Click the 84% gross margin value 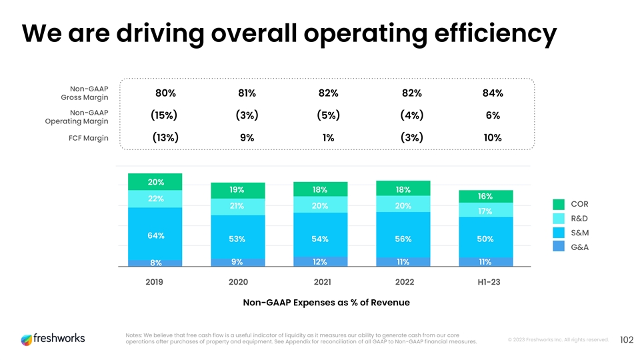click(x=493, y=93)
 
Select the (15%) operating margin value click(x=164, y=115)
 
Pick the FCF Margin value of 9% click(x=247, y=138)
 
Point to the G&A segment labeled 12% click(x=320, y=261)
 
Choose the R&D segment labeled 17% click(x=485, y=211)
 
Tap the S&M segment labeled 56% click(x=403, y=239)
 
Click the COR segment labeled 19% click(x=237, y=190)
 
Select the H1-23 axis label click(x=485, y=282)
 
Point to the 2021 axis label click(x=320, y=282)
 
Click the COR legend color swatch click(x=559, y=204)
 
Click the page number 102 click(x=625, y=340)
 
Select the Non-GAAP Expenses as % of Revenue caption click(x=326, y=303)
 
